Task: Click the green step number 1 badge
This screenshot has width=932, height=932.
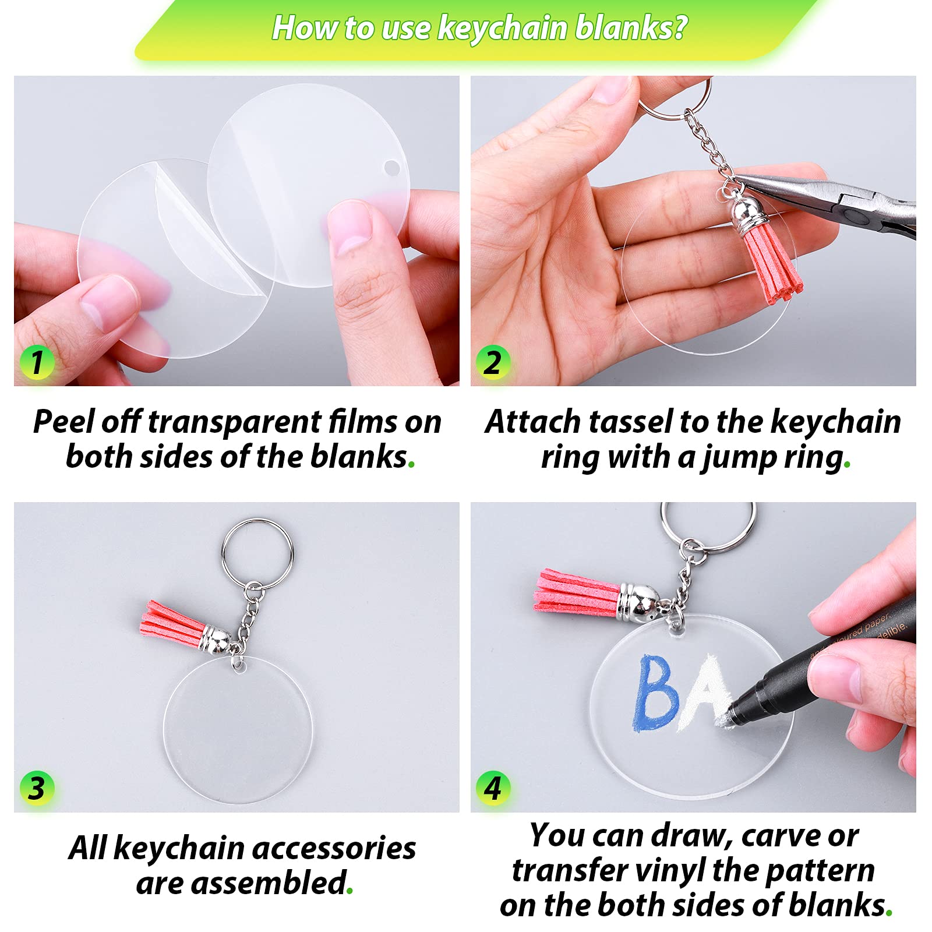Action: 37,362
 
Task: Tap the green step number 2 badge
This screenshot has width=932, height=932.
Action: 493,362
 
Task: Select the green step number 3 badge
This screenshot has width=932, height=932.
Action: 37,788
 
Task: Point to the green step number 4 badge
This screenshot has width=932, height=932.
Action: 493,788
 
